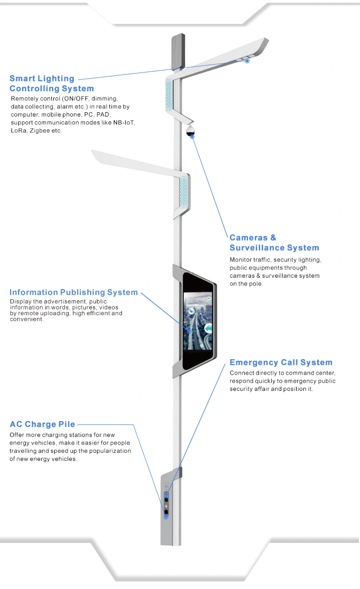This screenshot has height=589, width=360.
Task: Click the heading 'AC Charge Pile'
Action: point(42,424)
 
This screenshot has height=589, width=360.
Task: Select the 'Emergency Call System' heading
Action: point(281,362)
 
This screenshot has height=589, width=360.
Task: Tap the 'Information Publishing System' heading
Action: point(74,292)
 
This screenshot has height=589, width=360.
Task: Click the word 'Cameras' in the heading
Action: point(249,237)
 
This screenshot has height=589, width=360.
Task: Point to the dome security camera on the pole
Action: point(190,130)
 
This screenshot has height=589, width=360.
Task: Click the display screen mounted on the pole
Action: point(198,321)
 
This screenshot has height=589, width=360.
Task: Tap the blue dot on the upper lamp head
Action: point(247,61)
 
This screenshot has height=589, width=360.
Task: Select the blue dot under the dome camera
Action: point(192,137)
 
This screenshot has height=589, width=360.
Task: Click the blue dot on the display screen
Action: point(189,331)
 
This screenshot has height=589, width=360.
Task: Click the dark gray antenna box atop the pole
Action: point(179,51)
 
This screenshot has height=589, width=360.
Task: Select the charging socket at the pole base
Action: point(166,512)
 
